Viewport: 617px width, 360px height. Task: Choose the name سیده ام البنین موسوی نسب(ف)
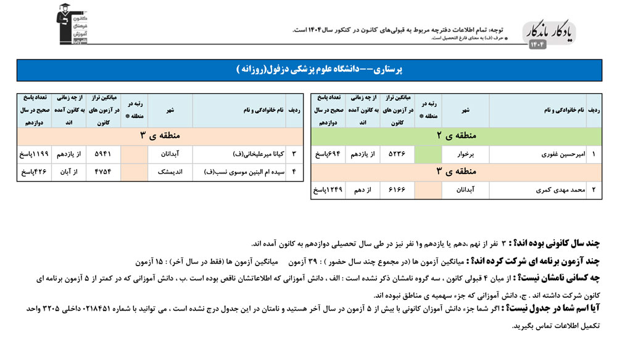coord(237,172)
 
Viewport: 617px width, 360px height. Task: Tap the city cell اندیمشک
coord(170,172)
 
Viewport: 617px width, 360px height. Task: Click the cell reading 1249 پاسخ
coord(328,190)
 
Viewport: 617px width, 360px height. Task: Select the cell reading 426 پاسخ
coord(34,172)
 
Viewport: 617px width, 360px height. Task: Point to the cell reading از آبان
coord(68,172)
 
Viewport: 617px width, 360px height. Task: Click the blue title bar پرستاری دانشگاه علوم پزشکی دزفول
coord(308,70)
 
